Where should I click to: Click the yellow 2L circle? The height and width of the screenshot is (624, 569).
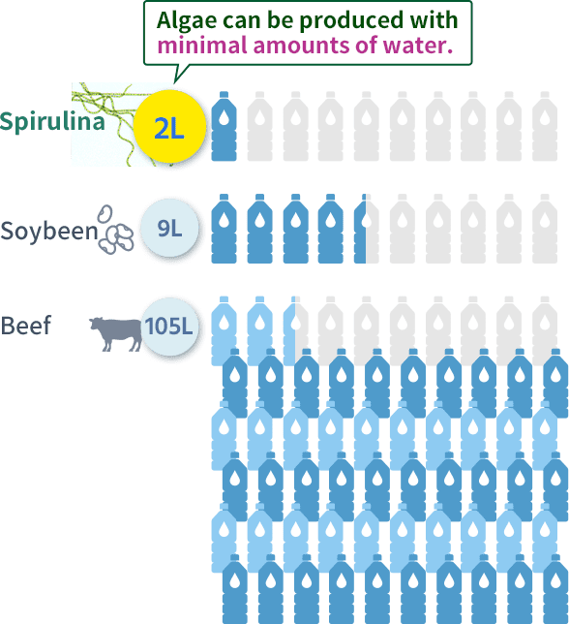click(x=169, y=127)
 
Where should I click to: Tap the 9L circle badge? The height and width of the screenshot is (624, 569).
click(x=169, y=228)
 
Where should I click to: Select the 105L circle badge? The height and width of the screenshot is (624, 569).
click(x=169, y=326)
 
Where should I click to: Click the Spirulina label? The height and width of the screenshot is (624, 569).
click(x=52, y=121)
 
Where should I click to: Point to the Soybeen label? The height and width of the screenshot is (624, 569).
click(x=49, y=230)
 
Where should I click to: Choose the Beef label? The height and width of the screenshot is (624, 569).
click(x=26, y=326)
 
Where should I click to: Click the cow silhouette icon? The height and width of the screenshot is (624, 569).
click(x=115, y=334)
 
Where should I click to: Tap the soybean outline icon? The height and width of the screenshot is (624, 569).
click(x=115, y=230)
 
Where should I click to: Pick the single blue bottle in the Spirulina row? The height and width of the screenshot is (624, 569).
click(x=224, y=127)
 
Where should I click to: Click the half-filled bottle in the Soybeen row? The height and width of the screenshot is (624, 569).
click(x=367, y=229)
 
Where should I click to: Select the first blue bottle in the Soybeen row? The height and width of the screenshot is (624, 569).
click(x=224, y=229)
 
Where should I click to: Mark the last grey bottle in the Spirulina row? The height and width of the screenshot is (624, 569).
click(x=545, y=127)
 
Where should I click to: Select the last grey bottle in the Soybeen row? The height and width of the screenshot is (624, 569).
click(x=545, y=229)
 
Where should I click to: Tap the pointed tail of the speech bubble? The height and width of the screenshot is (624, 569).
click(x=174, y=82)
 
